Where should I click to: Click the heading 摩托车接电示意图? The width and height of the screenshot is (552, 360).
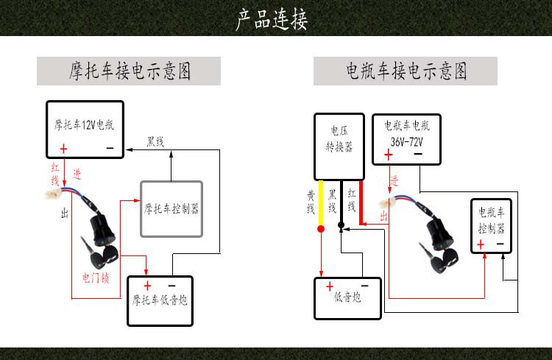pos(129,71)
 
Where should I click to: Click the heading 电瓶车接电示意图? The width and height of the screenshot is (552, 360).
pos(406,71)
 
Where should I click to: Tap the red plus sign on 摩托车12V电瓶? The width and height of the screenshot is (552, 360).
pos(63,149)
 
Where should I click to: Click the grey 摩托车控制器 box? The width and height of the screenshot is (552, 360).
pos(171,208)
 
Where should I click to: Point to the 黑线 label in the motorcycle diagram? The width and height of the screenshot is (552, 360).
pos(155,141)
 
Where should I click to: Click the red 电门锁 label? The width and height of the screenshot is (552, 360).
pos(96,278)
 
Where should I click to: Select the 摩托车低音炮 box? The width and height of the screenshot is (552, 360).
pos(159,300)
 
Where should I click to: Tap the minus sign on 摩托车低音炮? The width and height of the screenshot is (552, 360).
pos(171,285)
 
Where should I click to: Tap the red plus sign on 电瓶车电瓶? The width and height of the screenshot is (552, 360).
pos(388,155)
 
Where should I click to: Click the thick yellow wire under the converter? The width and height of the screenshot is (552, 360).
pos(320,206)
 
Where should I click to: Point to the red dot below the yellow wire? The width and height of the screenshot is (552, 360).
pos(320,229)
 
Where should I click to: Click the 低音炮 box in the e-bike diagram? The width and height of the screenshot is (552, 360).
pos(347,298)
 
